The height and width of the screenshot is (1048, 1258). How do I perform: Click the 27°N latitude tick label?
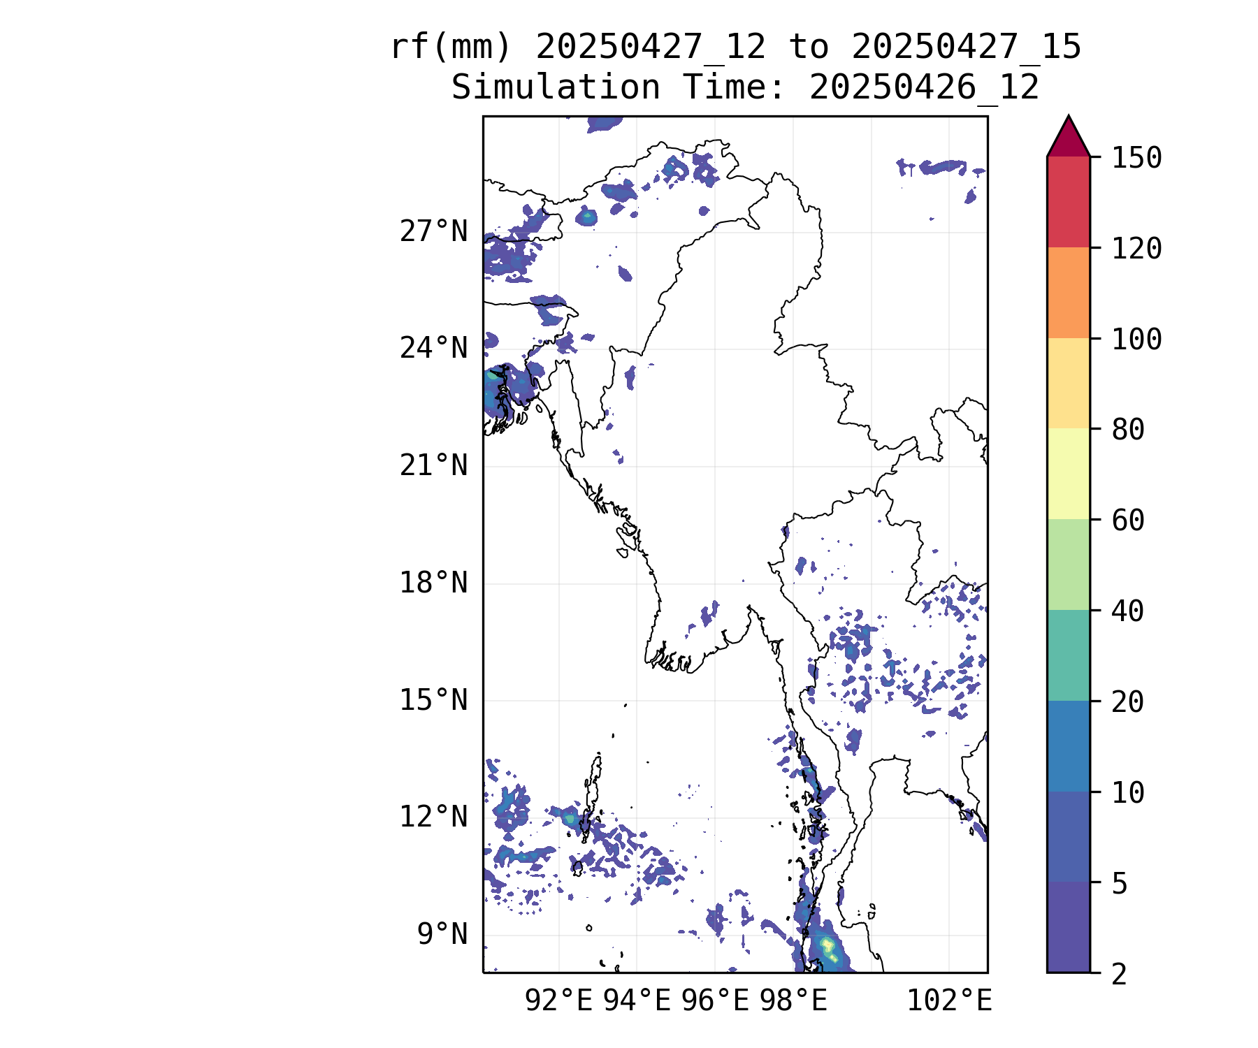click(x=433, y=231)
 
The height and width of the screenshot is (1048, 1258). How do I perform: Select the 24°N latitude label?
click(x=433, y=348)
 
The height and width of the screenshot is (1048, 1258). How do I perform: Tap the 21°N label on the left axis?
click(x=433, y=465)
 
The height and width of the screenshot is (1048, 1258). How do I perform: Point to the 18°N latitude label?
click(x=433, y=582)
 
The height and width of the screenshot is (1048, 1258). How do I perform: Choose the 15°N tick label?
click(x=433, y=699)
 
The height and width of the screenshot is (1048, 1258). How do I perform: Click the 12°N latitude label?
click(x=433, y=816)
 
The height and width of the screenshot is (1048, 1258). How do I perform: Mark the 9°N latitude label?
click(x=442, y=933)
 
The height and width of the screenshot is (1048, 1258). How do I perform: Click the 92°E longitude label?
click(x=558, y=1000)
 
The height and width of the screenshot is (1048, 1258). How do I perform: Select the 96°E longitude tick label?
click(x=715, y=1000)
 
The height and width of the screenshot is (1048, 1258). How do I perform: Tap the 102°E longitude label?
click(x=949, y=1000)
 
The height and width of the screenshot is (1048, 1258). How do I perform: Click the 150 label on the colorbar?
click(x=1136, y=158)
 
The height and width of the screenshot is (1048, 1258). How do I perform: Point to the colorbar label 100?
click(x=1136, y=340)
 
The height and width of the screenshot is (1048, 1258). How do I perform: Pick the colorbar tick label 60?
click(x=1128, y=521)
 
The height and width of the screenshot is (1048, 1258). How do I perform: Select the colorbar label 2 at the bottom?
click(x=1120, y=974)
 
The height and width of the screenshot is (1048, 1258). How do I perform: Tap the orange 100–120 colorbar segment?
click(x=1069, y=293)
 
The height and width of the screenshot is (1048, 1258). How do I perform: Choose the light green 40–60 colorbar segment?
click(x=1069, y=565)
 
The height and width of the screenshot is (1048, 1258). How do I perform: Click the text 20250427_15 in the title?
click(x=967, y=48)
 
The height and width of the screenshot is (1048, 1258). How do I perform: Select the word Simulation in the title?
click(x=556, y=88)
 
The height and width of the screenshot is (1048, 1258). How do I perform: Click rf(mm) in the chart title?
click(x=451, y=48)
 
